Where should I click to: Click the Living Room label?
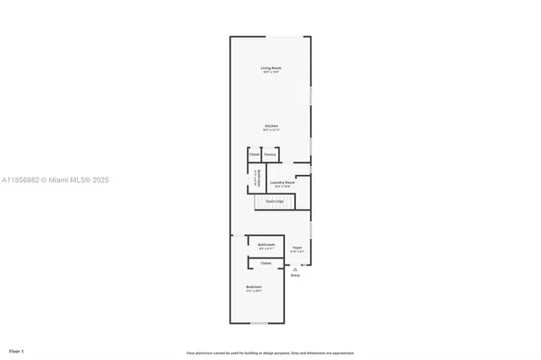[270, 68]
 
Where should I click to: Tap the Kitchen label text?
[270, 126]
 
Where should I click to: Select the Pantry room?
[270, 155]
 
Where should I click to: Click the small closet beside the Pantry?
[254, 155]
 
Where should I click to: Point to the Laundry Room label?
[282, 183]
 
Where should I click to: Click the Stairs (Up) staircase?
[275, 202]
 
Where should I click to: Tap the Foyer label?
[297, 248]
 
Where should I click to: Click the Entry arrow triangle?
[295, 270]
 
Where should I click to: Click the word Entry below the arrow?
[295, 275]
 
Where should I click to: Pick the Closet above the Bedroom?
[265, 263]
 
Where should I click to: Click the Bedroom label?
[254, 287]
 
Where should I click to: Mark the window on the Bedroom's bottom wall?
[260, 323]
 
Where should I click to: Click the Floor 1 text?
[17, 351]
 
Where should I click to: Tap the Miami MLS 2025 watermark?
[55, 180]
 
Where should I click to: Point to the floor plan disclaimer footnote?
[270, 353]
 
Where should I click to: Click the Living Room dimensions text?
[270, 73]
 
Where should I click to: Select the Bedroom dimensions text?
[254, 292]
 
